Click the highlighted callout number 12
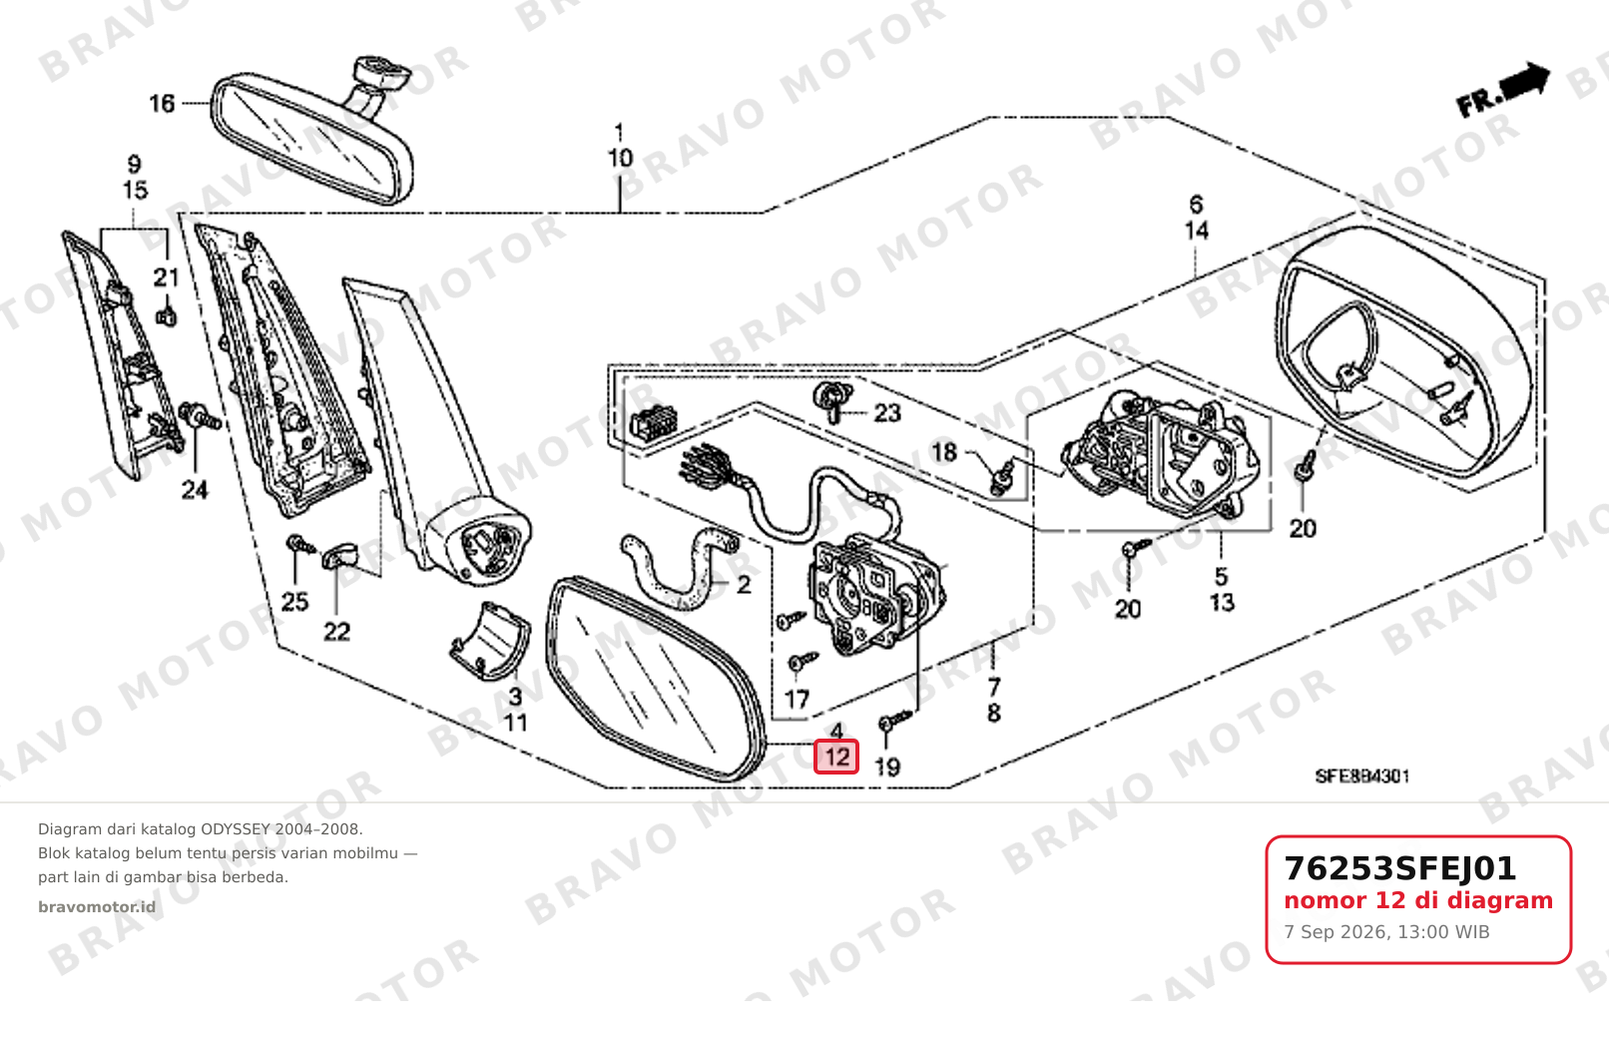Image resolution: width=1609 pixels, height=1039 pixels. [836, 757]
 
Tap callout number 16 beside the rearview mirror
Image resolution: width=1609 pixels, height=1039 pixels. [162, 104]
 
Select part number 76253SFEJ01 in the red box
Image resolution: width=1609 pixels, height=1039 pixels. [1400, 868]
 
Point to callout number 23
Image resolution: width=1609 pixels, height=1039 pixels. [887, 413]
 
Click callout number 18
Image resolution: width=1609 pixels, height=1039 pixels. [944, 452]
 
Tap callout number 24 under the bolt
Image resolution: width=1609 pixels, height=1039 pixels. [194, 490]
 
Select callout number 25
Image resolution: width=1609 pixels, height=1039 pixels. [294, 601]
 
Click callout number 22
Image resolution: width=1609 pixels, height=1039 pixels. [336, 632]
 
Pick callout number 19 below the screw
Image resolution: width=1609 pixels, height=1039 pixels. [887, 767]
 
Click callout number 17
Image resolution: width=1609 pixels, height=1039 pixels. [797, 699]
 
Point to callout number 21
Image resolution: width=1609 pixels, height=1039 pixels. [166, 277]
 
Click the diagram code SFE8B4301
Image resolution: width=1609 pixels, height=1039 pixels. [1361, 777]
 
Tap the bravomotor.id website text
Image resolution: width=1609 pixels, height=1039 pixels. [97, 907]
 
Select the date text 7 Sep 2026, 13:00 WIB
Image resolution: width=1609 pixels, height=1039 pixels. [1387, 932]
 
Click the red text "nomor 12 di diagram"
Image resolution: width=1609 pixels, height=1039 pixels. [1418, 900]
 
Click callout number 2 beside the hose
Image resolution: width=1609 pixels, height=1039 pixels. [744, 585]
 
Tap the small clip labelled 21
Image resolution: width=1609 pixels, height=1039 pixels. [166, 316]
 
